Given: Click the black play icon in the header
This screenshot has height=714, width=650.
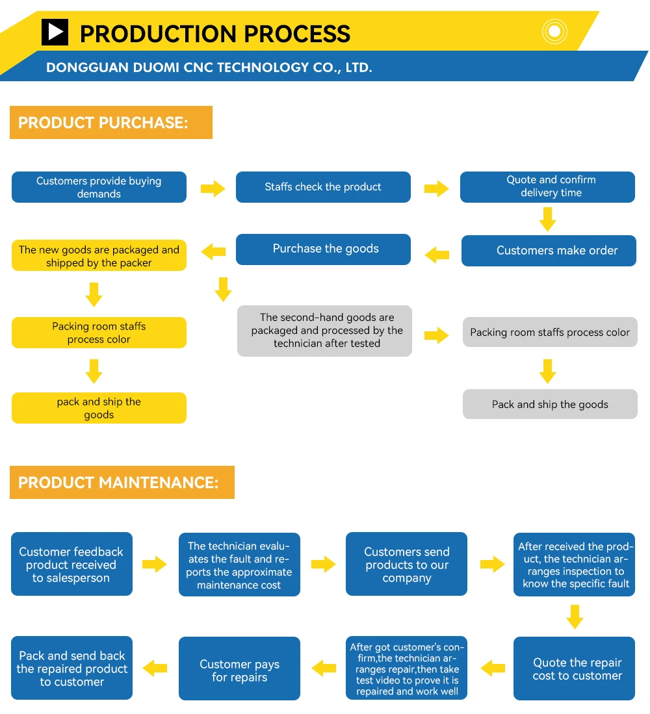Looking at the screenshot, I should [55, 32].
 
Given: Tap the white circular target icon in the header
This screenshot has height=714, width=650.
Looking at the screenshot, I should [554, 31].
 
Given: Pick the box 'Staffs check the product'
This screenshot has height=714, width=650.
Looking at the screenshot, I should [323, 187].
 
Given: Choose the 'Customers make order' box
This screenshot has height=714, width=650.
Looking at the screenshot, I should [549, 251].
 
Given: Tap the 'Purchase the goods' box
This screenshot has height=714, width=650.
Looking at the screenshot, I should [323, 249].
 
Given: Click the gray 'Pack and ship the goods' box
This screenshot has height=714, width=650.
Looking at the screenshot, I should [550, 404].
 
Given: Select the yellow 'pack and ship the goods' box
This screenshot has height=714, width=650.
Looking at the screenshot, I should [99, 408].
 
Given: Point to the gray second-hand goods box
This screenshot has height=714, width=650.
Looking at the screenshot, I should [324, 331].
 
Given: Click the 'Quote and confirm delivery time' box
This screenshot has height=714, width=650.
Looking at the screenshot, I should [547, 187].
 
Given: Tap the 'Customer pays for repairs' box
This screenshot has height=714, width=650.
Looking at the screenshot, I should [239, 670].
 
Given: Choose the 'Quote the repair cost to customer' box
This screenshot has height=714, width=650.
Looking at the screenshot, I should [574, 669].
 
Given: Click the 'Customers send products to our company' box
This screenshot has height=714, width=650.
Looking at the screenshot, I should [406, 564].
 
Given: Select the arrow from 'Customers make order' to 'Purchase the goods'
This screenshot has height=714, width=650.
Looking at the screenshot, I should [437, 254].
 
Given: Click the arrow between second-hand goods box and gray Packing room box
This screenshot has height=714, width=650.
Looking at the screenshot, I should [437, 335].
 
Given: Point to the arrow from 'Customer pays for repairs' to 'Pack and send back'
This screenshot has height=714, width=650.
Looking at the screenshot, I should [155, 667].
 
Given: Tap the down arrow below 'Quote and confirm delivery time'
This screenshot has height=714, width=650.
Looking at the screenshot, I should [548, 219].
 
